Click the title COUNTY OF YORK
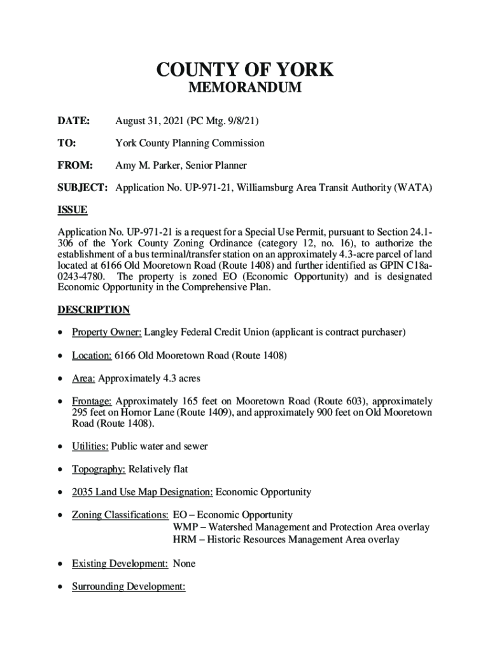245,70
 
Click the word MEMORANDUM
245,89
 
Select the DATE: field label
74,121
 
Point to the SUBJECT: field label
83,188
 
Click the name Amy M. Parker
146,166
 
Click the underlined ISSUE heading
73,210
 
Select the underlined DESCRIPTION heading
94,310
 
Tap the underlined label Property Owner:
106,332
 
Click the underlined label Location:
92,355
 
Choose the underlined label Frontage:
92,401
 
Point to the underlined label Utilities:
90,446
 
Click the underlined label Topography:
98,469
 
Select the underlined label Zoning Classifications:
120,514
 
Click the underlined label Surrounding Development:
128,586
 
